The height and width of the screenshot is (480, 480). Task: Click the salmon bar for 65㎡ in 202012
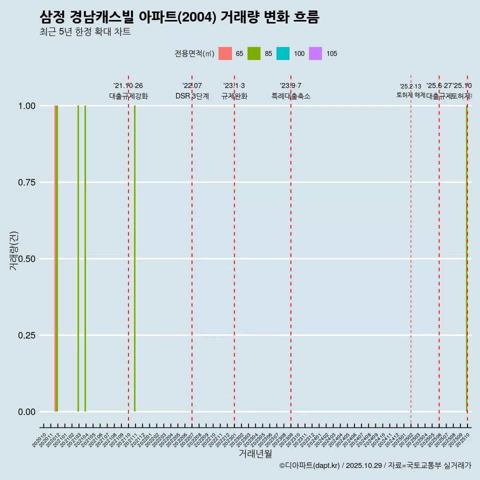55,258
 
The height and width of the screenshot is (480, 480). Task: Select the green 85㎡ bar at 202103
78,258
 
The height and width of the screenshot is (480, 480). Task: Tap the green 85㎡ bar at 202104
85,258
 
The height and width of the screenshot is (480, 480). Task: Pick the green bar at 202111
134,258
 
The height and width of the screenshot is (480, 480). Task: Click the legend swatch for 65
225,53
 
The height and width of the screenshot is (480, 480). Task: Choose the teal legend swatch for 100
283,53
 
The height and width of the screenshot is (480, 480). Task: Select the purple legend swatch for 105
315,53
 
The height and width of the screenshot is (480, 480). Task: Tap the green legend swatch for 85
254,53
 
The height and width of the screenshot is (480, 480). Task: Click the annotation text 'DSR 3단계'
192,96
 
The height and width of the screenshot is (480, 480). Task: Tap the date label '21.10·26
128,86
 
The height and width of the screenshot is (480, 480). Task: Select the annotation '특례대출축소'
291,96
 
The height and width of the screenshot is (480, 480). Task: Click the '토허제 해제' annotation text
410,94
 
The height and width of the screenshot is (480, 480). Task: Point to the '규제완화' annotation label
234,96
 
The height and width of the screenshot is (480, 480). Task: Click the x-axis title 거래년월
255,454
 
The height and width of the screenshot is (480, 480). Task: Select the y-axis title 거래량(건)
14,250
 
